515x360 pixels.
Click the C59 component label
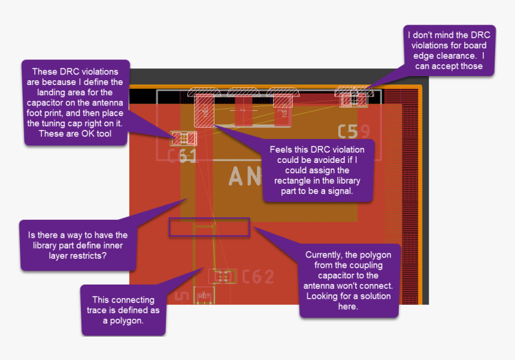(354, 132)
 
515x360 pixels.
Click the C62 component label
(258, 276)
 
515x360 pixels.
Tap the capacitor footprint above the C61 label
(184, 138)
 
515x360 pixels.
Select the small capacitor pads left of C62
(223, 276)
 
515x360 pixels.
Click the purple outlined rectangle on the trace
(209, 227)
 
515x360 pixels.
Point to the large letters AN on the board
(245, 176)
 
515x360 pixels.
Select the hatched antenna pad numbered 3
(281, 108)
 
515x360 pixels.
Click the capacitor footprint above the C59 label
(354, 99)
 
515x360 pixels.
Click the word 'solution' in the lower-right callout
(372, 296)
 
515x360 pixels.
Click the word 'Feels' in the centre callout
(283, 150)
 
